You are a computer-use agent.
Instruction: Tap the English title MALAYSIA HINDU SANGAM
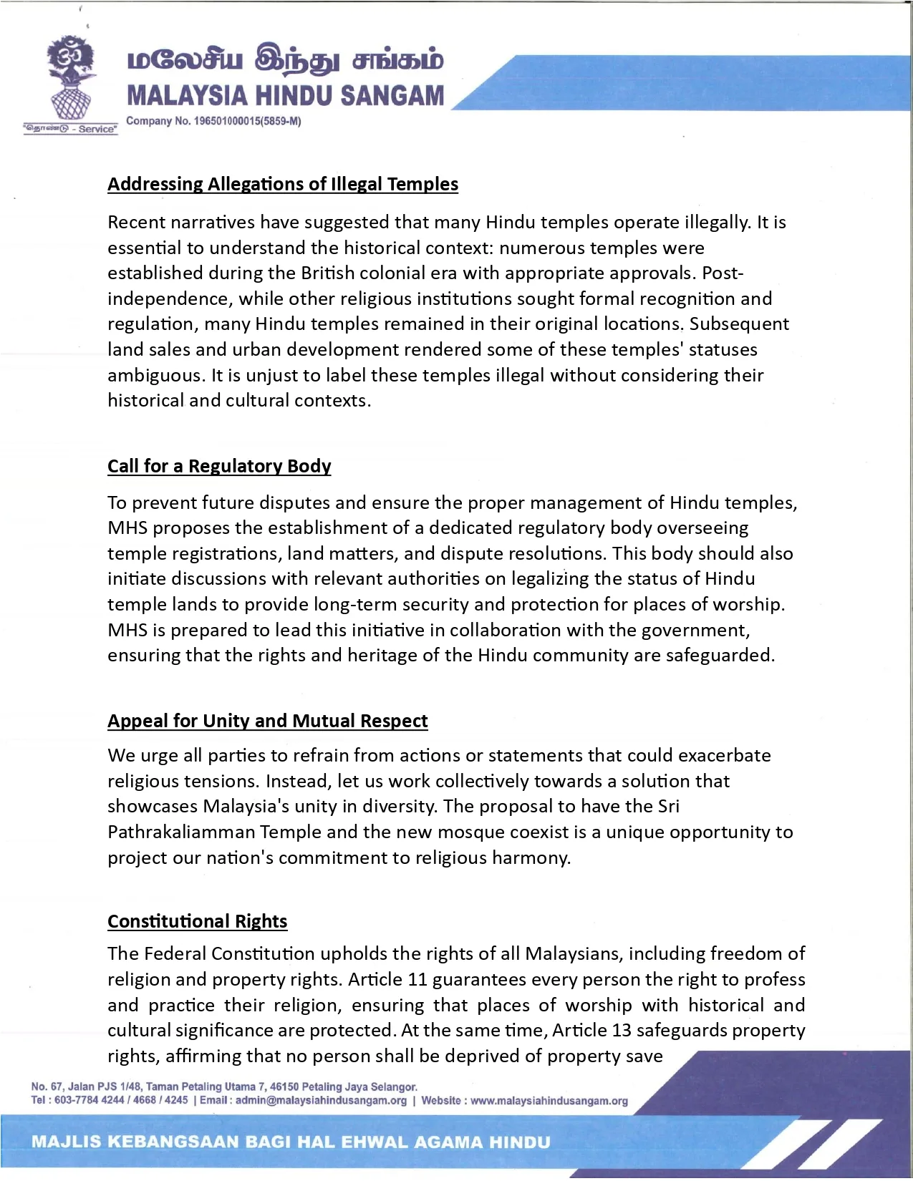click(286, 96)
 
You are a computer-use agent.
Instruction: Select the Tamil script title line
click(286, 62)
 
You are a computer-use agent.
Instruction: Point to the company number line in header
click(213, 121)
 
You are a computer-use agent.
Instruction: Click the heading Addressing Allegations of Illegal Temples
click(283, 184)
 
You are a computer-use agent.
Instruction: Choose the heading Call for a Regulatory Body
click(219, 466)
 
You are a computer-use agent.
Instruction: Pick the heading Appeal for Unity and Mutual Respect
click(268, 720)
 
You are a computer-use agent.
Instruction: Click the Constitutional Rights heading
click(198, 920)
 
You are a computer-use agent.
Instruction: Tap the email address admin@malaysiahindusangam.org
click(321, 1100)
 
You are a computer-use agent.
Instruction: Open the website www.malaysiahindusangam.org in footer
click(549, 1100)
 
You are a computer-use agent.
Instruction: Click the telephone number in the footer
click(121, 1100)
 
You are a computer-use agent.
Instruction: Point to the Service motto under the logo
click(71, 129)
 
